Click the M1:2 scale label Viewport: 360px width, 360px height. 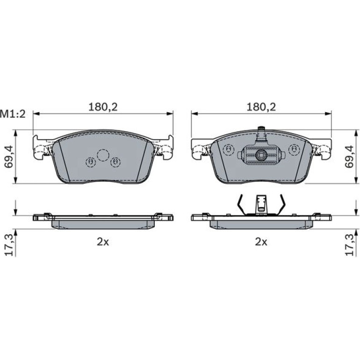tap(13, 114)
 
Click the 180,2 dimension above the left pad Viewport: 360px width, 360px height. tap(103, 107)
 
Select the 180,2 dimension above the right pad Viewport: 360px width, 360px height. tap(261, 107)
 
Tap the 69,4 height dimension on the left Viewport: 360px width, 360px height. tap(9, 157)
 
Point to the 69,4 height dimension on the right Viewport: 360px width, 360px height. tap(350, 157)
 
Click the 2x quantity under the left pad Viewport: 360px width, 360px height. tap(103, 242)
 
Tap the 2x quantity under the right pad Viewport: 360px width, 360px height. tap(261, 242)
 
